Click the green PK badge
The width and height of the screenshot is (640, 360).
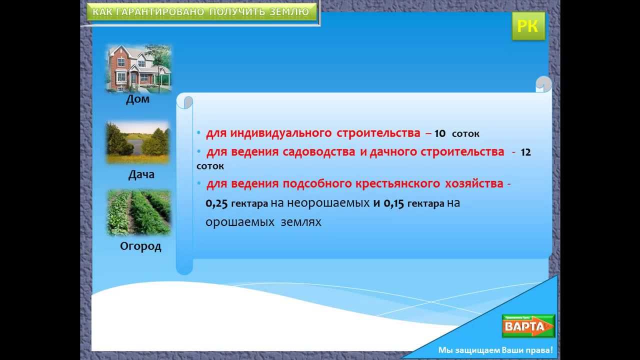tap(528, 26)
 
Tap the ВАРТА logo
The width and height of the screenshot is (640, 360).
tap(528, 326)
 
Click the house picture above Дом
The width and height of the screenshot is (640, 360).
tap(139, 68)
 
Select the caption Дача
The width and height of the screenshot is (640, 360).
tap(141, 174)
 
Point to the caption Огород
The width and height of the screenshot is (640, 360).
tap(140, 246)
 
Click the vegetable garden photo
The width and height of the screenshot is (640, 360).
tap(139, 213)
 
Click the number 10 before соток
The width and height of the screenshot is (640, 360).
tap(440, 133)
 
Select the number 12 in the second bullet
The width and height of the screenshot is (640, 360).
tap(525, 152)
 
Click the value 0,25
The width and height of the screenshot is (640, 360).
tap(216, 203)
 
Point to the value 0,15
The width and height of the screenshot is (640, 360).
tap(393, 203)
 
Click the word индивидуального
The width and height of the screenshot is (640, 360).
tap(281, 133)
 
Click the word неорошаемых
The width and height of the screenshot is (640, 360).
tap(328, 203)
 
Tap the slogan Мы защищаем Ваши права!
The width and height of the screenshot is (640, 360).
tap(495, 350)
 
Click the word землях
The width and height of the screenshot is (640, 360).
tap(301, 222)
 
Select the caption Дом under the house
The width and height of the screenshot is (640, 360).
tap(137, 99)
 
